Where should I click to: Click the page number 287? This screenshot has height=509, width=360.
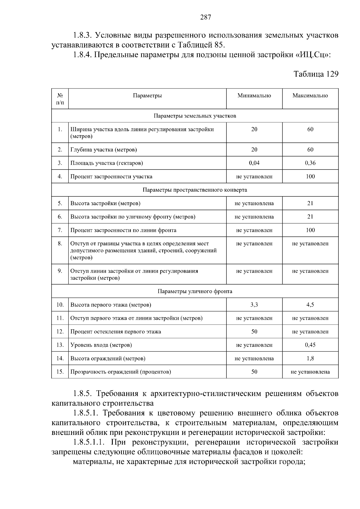(206, 17)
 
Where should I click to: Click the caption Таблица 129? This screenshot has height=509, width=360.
(316, 74)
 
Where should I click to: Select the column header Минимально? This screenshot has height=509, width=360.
(254, 96)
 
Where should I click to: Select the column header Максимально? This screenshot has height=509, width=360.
(310, 96)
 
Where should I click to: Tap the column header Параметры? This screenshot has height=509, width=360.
(147, 96)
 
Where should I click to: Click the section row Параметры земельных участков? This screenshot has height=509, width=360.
(195, 116)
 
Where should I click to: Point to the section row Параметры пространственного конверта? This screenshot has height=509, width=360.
(195, 190)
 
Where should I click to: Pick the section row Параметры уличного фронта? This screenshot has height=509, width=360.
(195, 291)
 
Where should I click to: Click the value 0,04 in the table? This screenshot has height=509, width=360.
(254, 163)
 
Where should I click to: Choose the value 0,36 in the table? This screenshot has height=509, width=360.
(310, 163)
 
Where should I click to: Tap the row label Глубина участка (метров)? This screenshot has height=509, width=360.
(103, 150)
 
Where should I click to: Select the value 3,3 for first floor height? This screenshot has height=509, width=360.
(254, 305)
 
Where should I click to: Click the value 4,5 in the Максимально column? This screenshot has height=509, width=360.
(310, 305)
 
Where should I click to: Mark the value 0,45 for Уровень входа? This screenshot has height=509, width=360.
(310, 345)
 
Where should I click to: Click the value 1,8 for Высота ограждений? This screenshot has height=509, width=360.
(310, 358)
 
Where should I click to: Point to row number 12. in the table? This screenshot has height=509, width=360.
(60, 332)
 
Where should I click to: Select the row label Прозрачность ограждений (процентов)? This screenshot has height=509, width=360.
(121, 372)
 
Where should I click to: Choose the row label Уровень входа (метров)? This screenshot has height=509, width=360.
(101, 345)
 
